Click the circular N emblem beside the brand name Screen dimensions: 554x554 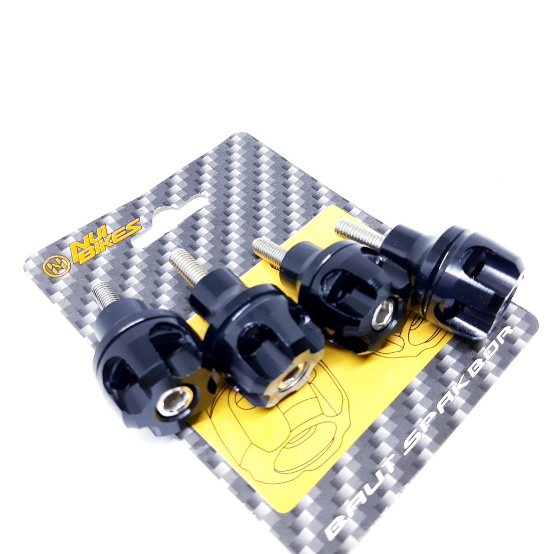point(56,266)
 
